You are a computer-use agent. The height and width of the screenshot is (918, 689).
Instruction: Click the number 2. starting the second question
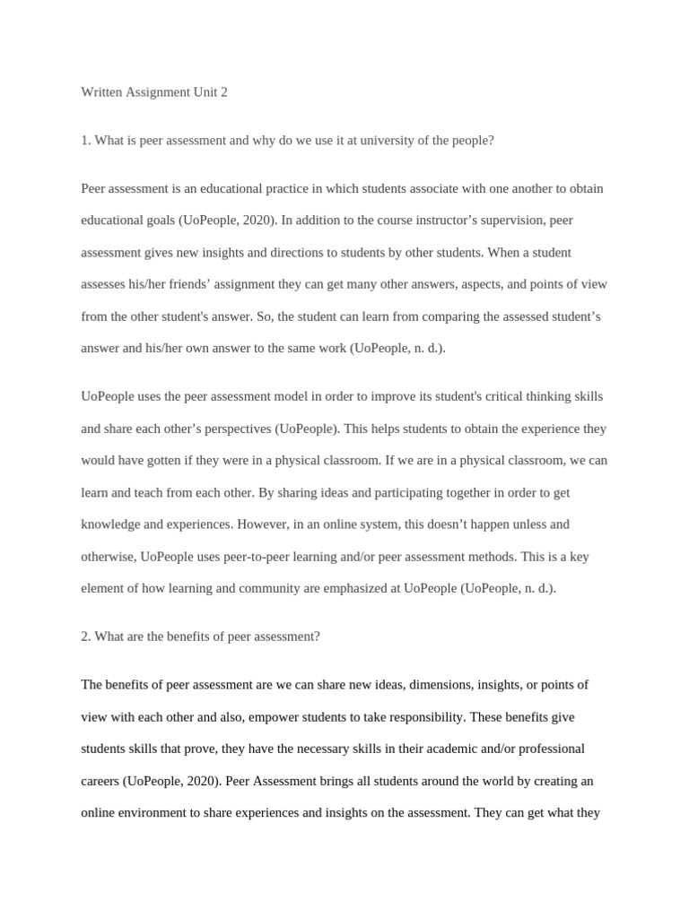click(86, 637)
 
